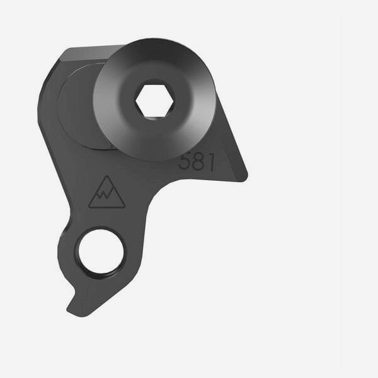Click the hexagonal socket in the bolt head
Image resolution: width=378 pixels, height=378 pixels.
tap(155, 101)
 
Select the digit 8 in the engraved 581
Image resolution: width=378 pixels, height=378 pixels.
tap(198, 162)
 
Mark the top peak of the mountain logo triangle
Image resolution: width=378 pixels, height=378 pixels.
tap(107, 176)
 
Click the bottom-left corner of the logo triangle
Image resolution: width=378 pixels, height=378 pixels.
tap(89, 207)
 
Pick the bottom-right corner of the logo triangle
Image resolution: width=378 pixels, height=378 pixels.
tap(124, 207)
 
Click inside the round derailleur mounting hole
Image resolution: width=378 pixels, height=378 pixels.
tap(101, 251)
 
